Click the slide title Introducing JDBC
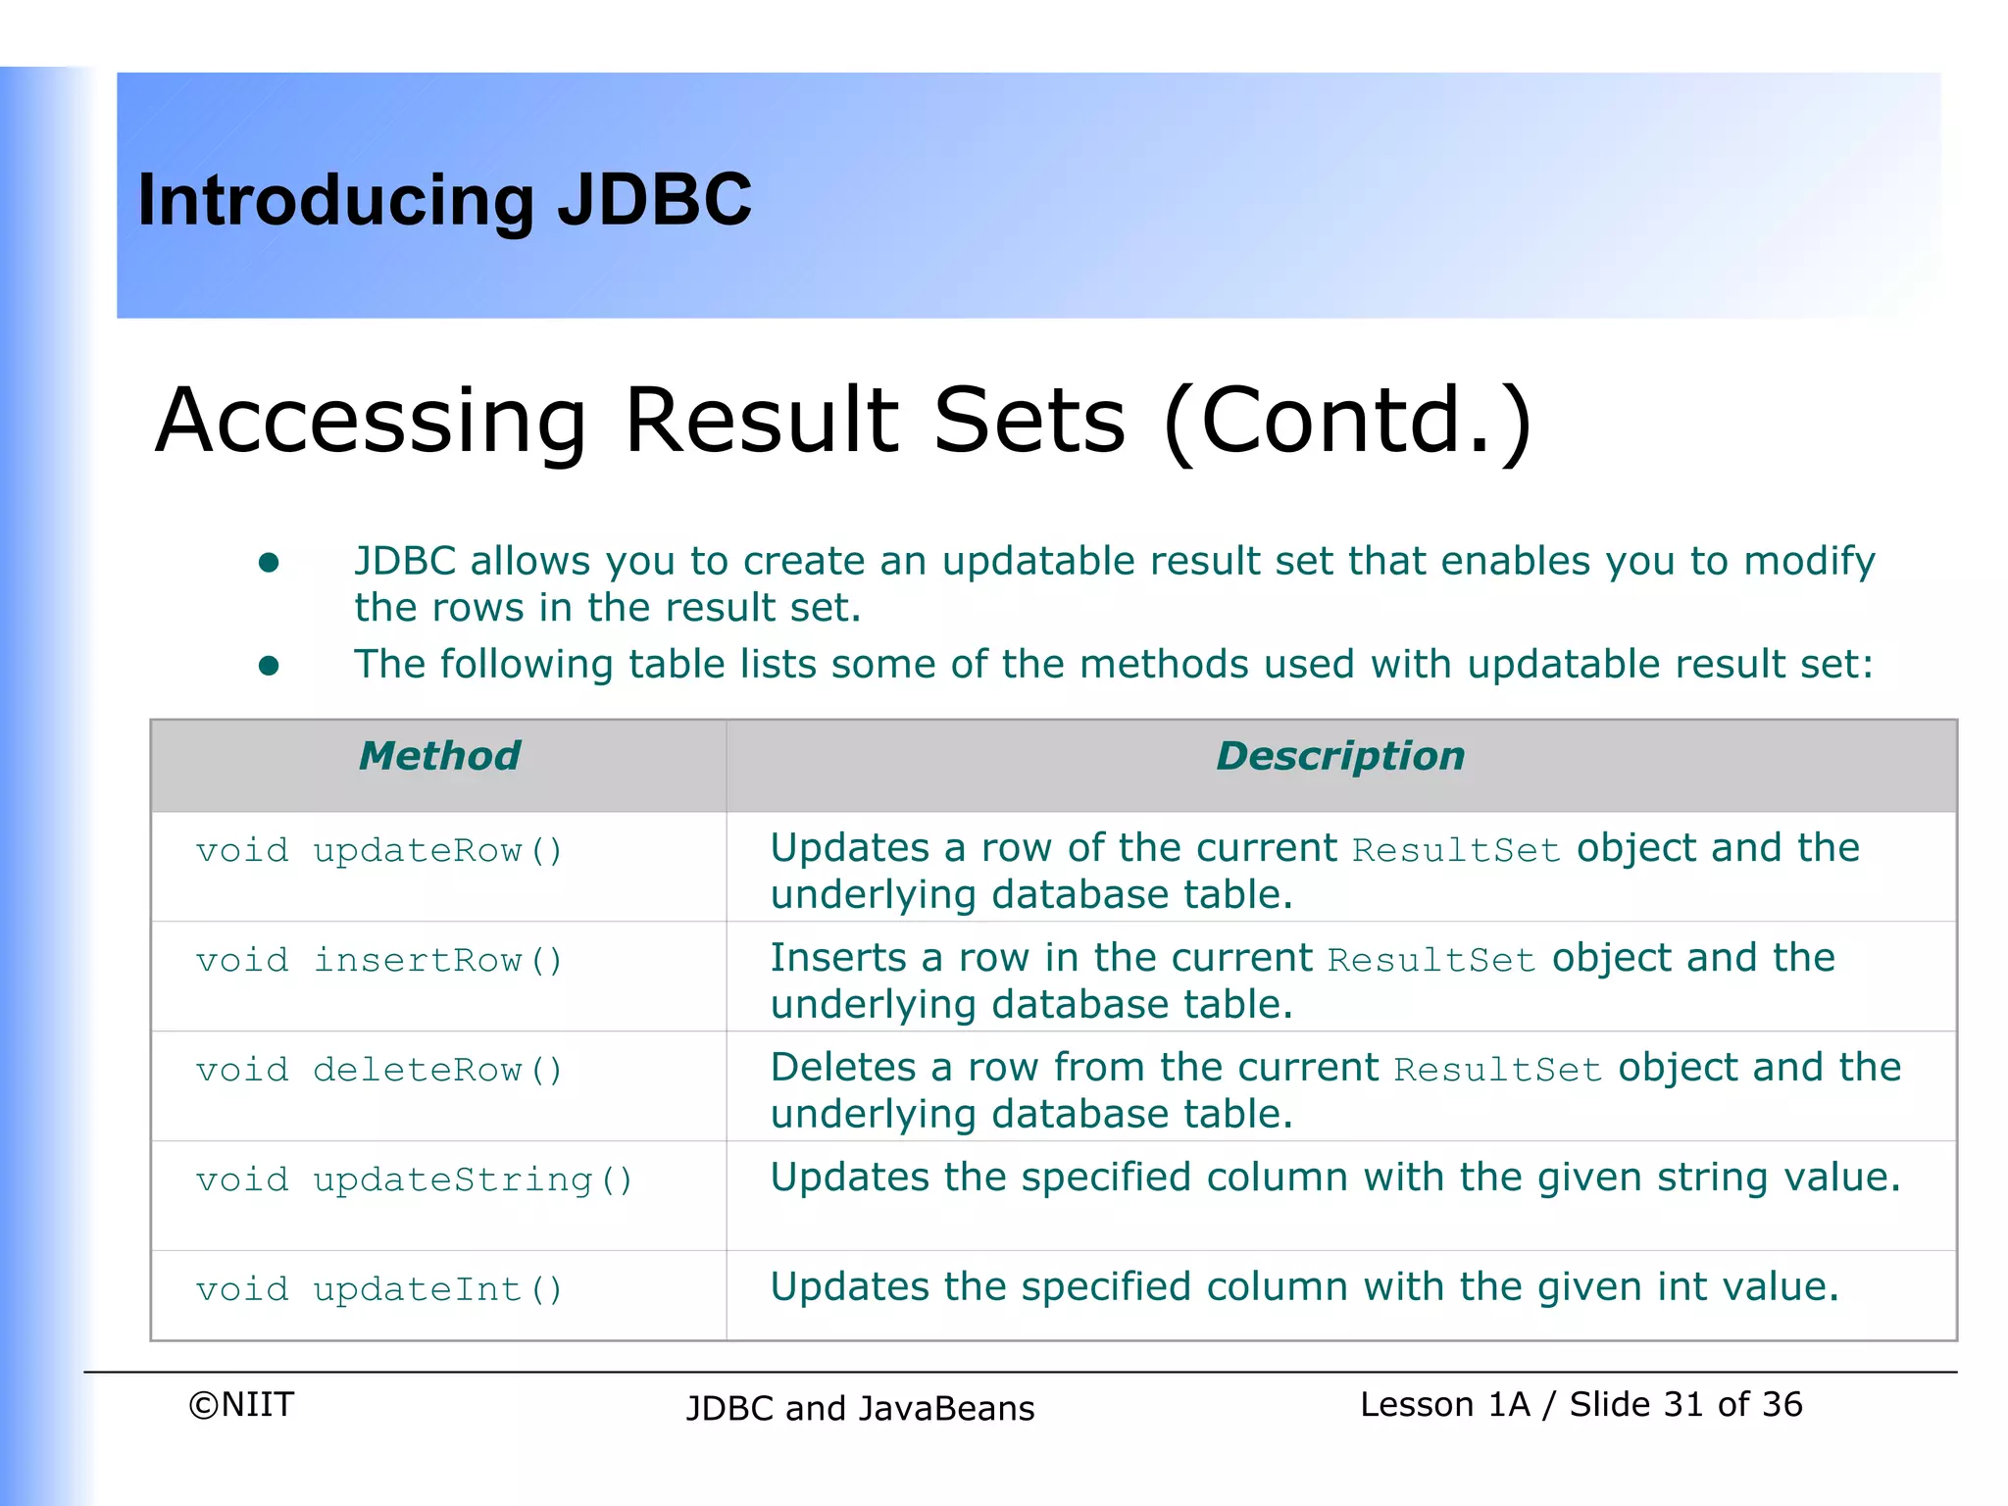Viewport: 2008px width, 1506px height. click(x=444, y=200)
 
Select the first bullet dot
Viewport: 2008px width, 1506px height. click(x=269, y=563)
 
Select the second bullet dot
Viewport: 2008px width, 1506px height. click(x=269, y=667)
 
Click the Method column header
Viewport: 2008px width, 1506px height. click(x=439, y=756)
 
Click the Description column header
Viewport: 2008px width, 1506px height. click(x=1339, y=756)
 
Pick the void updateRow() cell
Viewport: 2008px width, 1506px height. click(x=379, y=850)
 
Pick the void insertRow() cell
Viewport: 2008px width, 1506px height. click(x=379, y=960)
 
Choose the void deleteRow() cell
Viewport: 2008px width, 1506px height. click(x=379, y=1070)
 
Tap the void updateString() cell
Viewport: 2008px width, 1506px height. click(x=414, y=1180)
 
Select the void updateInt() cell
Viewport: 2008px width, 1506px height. click(x=379, y=1289)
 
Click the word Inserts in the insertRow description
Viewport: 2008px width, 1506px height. click(x=837, y=958)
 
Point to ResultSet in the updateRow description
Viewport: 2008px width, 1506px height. click(x=1456, y=850)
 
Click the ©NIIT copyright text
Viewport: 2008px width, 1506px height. click(x=241, y=1405)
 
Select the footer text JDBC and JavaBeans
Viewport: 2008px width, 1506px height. click(x=860, y=1409)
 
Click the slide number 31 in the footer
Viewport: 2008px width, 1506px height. click(x=1682, y=1405)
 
